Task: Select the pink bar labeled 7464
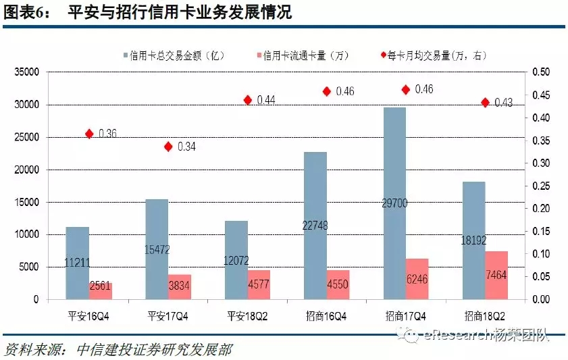496,275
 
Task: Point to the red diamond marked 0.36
89,134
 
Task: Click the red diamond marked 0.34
169,147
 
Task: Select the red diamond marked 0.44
248,100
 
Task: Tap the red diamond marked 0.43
485,102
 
